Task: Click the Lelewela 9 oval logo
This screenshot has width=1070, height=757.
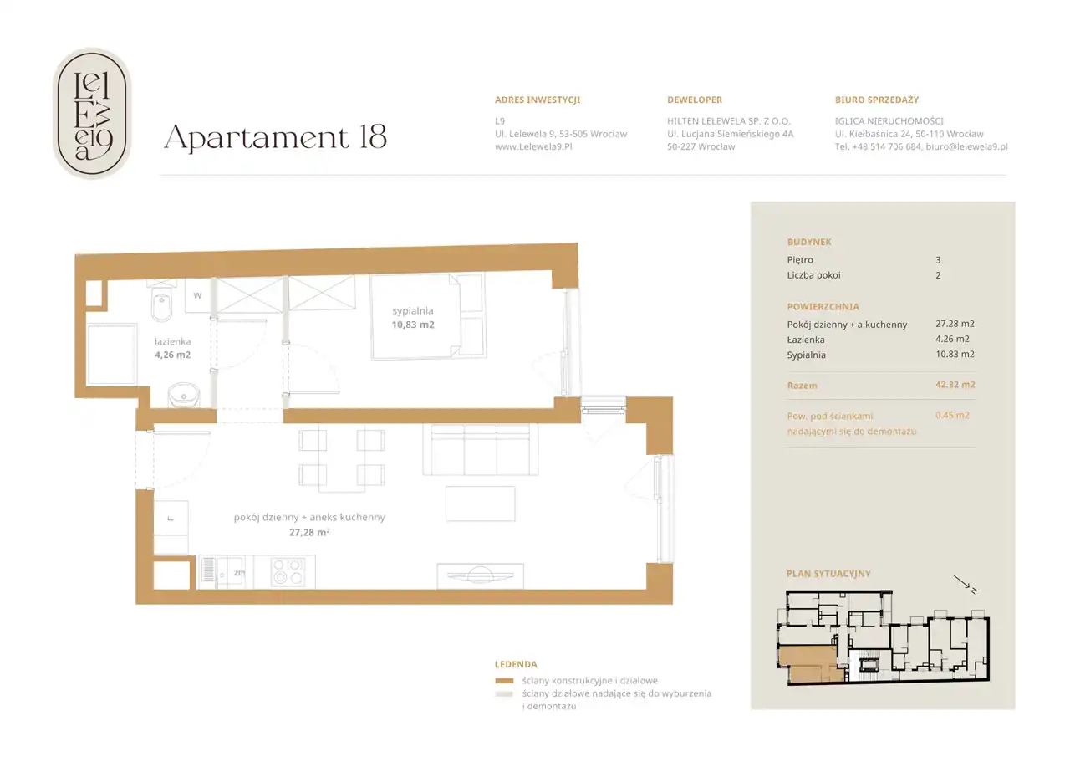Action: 92,113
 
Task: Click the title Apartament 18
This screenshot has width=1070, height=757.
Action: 275,138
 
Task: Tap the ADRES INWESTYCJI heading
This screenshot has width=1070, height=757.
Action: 538,100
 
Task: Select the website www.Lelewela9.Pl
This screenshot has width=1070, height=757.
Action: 533,146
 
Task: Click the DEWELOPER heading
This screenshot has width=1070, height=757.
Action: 695,100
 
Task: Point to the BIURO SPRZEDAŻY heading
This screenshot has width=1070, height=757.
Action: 877,100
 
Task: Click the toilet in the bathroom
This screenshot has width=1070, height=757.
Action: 161,301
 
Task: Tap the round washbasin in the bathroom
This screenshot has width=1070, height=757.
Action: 184,395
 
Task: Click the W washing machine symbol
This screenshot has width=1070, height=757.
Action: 198,296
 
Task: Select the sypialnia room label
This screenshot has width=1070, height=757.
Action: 413,310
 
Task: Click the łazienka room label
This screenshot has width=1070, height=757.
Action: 172,341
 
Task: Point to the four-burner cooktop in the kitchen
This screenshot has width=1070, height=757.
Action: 288,571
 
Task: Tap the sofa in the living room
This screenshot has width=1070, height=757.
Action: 481,450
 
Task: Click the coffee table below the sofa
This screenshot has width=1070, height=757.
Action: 481,504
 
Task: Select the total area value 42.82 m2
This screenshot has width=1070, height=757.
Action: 955,385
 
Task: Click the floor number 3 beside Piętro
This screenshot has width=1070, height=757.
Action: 938,260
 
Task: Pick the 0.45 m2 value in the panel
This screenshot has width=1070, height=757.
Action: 952,415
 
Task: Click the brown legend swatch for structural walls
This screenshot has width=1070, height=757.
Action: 504,681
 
